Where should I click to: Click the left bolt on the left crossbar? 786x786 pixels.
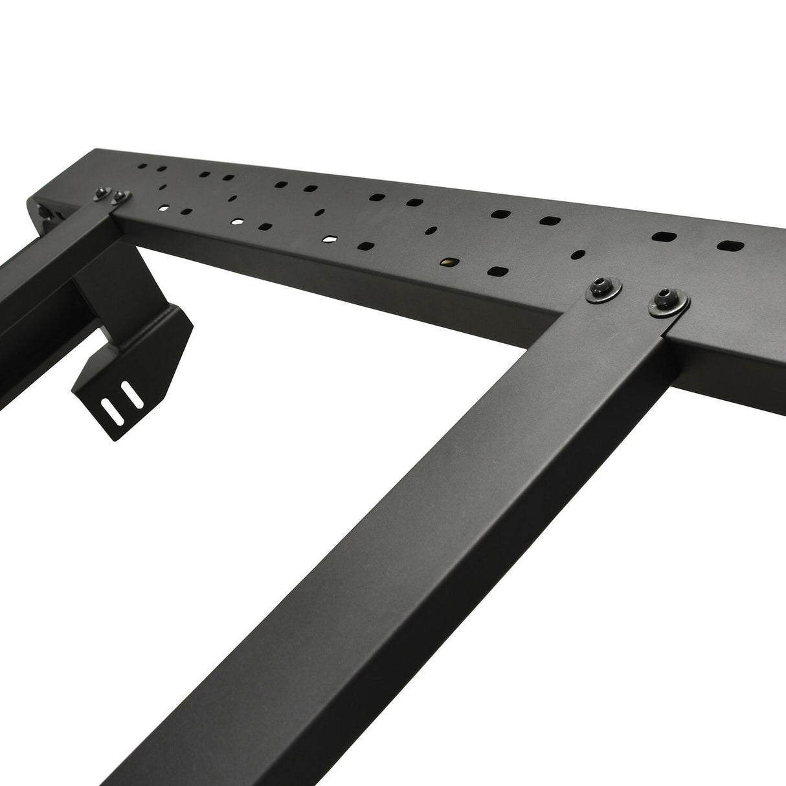tap(102, 192)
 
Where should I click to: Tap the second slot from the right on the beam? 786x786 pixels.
tap(663, 236)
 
